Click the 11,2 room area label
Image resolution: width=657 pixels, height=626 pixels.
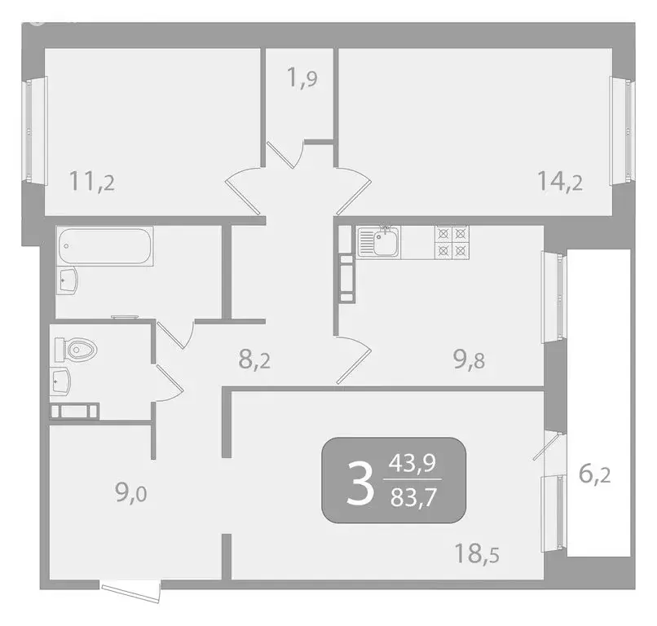[91, 180]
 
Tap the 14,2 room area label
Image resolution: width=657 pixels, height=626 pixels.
[560, 180]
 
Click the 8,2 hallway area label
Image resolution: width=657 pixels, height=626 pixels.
[255, 359]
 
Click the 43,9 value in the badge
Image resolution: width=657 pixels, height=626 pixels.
[412, 464]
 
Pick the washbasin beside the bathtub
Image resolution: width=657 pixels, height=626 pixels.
[68, 282]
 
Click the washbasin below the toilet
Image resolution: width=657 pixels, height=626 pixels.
[61, 380]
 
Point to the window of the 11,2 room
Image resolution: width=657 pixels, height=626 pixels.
[29, 130]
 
